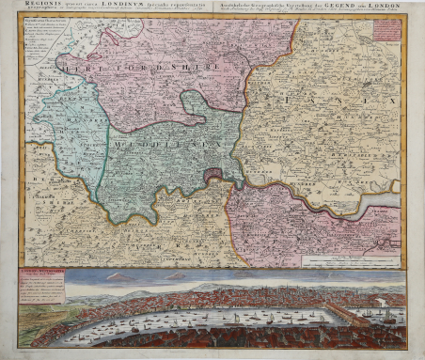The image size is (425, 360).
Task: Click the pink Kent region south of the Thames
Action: pos(282,226)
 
